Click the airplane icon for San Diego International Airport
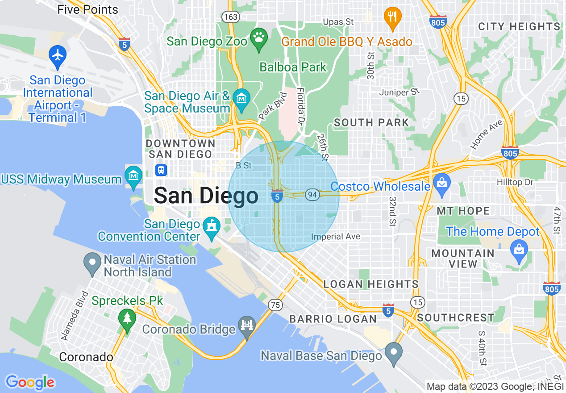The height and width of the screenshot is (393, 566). (58, 55)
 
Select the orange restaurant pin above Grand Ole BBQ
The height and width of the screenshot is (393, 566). (392, 17)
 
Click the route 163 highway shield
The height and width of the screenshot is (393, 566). (230, 17)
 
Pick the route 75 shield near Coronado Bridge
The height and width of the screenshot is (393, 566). (275, 305)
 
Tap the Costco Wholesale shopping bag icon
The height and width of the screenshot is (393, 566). (441, 183)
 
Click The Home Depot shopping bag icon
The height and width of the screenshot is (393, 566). (519, 248)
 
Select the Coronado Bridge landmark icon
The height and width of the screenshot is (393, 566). (246, 325)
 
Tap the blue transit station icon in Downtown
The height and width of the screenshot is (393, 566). (161, 170)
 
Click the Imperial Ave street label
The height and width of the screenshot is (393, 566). (336, 236)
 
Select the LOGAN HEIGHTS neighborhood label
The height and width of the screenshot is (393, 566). (370, 284)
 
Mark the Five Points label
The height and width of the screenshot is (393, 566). (87, 9)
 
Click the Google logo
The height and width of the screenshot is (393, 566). (30, 382)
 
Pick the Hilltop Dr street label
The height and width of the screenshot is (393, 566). (515, 182)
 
